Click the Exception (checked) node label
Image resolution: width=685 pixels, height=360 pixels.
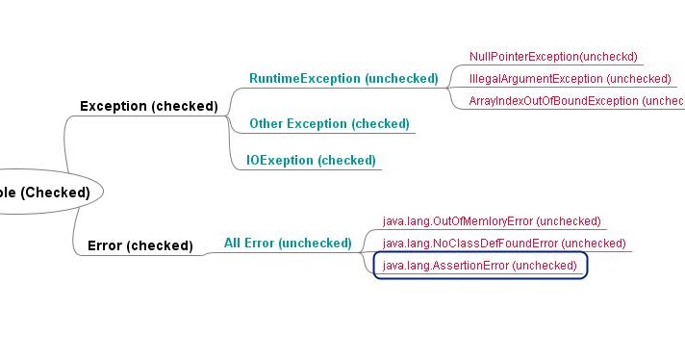click(148, 106)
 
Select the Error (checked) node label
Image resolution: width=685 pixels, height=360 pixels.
click(140, 245)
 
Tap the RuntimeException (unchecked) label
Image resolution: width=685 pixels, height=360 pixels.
click(343, 78)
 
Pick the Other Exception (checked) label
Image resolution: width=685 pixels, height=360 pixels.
click(329, 123)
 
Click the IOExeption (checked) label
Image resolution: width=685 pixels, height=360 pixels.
click(304, 160)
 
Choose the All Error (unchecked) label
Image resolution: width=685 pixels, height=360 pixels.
click(288, 244)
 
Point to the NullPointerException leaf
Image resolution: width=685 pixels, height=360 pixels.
click(553, 57)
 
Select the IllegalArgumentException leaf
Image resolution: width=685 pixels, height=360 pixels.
click(570, 79)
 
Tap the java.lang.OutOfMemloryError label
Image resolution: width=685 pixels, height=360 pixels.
click(492, 221)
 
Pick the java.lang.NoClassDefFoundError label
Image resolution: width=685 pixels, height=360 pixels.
click(504, 244)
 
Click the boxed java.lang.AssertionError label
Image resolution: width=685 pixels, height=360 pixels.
click(479, 266)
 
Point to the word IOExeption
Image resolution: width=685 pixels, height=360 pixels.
click(275, 160)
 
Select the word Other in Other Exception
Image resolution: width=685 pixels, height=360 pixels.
click(266, 123)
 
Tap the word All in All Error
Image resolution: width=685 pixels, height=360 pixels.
click(234, 244)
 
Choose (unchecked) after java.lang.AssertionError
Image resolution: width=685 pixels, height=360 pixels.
click(545, 266)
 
